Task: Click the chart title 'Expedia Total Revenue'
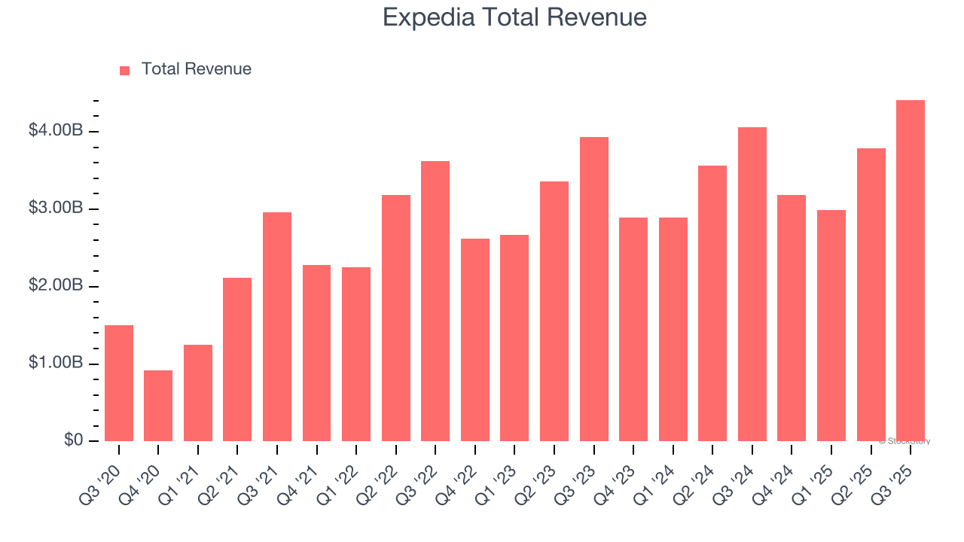coord(514,17)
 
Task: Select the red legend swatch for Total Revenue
coord(125,70)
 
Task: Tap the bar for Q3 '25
coord(911,271)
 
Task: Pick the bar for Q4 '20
coord(158,406)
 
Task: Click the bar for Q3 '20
coord(119,383)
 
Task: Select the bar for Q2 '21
coord(237,360)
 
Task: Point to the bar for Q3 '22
coord(435,301)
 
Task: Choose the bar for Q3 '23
coord(593,289)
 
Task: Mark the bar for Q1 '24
coord(673,330)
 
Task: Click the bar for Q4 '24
coord(792,318)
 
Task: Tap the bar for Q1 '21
coord(198,393)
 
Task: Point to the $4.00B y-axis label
coord(56,131)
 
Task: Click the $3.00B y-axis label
coord(56,209)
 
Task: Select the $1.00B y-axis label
coord(56,363)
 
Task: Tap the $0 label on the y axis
coord(72,440)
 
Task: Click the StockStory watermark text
coord(905,441)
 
